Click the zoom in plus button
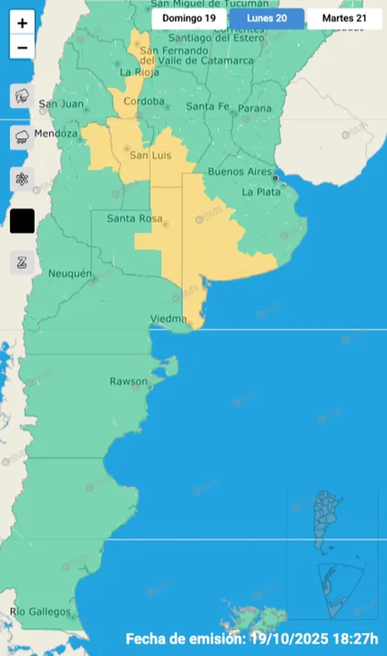point(22,23)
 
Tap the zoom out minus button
point(22,47)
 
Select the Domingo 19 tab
point(189,18)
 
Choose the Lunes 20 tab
point(267,18)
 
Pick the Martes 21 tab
point(344,18)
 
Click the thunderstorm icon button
point(22,97)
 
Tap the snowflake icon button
point(22,179)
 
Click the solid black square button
point(22,220)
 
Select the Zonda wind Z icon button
point(22,262)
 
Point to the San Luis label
point(150,154)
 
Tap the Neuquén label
point(69,274)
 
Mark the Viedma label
point(168,318)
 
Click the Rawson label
point(129,382)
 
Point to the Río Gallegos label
point(40,612)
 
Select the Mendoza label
point(56,133)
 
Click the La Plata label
point(259,192)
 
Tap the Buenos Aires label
point(239,172)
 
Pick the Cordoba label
point(144,102)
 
